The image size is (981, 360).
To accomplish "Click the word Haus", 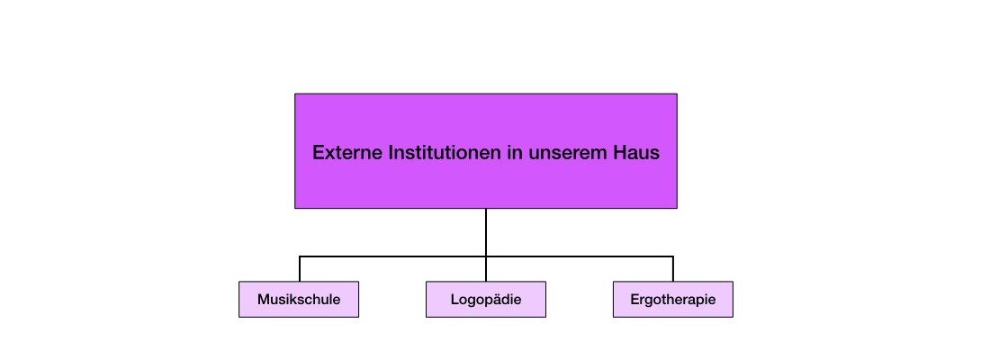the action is (634, 153).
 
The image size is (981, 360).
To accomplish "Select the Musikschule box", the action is (299, 300).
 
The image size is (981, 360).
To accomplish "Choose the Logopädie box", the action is (485, 300).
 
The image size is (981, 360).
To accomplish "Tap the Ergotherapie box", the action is (672, 300).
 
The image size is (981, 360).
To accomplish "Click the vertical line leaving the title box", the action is (485, 232).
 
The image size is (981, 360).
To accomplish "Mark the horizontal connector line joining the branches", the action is (486, 256).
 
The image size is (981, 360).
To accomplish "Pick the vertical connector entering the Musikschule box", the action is (300, 269).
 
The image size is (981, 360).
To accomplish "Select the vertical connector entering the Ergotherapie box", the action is (672, 269).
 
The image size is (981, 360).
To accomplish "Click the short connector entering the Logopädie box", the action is (485, 269).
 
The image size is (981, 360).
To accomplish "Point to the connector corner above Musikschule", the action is (300, 256).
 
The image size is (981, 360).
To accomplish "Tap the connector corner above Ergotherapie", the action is (672, 256).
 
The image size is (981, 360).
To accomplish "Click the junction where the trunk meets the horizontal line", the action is (485, 256).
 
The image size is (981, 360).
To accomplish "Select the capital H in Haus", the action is (616, 153).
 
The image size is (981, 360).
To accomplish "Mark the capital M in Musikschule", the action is (264, 300).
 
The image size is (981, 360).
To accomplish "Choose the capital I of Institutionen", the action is (391, 153).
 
